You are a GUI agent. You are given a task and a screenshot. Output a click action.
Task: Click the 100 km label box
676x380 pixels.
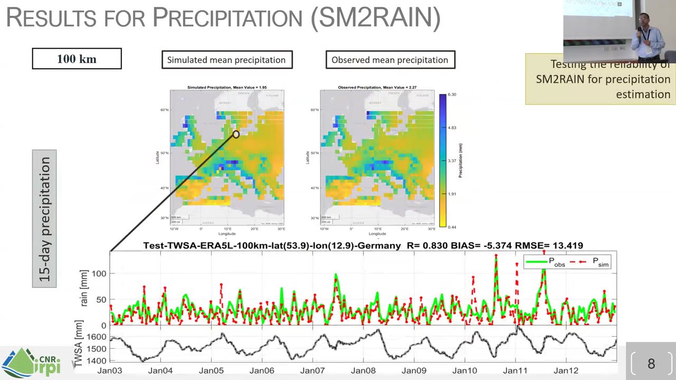77,59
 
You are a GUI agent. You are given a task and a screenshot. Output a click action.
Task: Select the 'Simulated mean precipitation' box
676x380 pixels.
227,60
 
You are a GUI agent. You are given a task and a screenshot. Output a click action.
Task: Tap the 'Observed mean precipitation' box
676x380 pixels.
390,60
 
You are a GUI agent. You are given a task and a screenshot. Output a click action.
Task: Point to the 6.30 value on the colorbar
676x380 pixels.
452,94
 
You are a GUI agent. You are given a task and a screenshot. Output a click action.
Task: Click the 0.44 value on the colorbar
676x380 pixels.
452,227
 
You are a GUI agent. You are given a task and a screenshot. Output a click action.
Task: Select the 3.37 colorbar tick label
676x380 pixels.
452,161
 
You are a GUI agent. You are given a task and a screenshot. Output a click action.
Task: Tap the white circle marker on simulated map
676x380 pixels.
236,134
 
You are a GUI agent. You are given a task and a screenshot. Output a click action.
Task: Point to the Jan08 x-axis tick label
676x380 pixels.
363,370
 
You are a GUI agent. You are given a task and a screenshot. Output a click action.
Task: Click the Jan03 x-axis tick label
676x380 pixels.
109,370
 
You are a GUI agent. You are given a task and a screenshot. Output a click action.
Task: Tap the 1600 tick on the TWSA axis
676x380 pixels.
96,337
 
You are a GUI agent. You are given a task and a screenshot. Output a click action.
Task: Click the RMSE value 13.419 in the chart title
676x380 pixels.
565,245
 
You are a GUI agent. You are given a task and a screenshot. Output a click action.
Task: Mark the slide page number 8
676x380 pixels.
651,363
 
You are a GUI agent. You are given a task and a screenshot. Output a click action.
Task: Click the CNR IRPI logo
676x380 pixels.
32,363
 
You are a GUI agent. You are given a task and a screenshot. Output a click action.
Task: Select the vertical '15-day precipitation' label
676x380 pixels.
44,218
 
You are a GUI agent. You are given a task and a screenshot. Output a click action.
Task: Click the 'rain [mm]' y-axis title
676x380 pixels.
84,289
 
